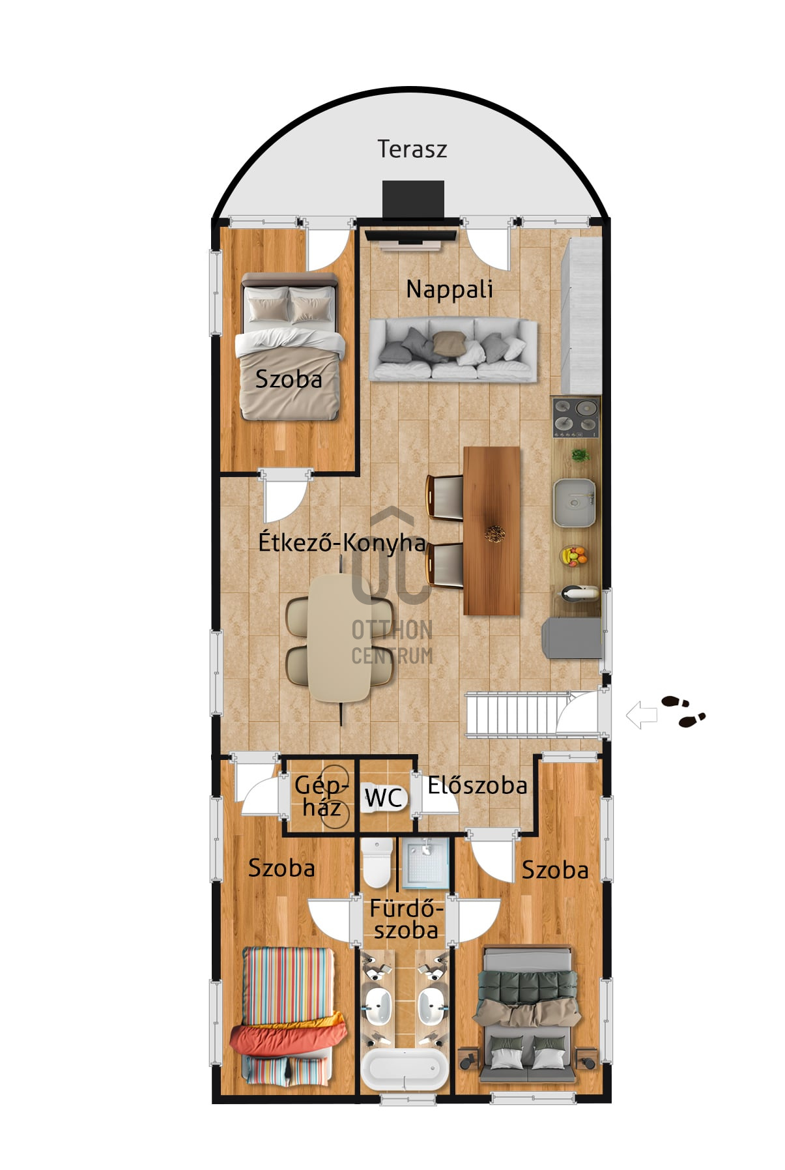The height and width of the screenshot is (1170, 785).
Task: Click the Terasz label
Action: [412, 149]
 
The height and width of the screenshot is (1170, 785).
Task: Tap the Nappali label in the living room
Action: [450, 289]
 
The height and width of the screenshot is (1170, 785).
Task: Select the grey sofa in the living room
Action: [453, 349]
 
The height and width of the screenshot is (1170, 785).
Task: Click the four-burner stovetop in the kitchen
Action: [576, 417]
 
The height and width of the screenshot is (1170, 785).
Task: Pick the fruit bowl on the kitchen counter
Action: [574, 555]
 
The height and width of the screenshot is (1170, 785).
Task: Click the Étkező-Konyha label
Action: [342, 542]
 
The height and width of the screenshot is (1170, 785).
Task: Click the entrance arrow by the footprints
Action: [642, 714]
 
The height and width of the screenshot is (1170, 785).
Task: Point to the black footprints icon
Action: [683, 711]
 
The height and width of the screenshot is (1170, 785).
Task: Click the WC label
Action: [383, 798]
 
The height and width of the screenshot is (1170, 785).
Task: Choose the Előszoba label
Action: [477, 785]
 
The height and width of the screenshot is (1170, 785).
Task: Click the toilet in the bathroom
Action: [377, 862]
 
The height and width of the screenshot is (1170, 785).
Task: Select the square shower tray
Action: [425, 864]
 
